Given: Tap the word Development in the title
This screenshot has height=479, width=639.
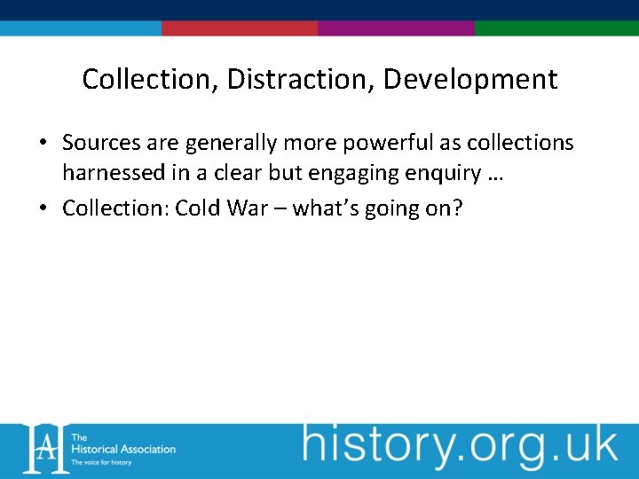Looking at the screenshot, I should coord(470,80).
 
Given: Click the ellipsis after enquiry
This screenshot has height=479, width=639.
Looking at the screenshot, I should coord(495,176).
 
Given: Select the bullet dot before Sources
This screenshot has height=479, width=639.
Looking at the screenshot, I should coord(42,144).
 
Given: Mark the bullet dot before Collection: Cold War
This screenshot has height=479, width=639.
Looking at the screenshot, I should coord(42,209).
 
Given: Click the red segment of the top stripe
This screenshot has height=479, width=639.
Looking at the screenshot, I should coord(240,28).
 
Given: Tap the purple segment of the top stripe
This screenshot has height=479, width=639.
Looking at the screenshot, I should coord(396,28).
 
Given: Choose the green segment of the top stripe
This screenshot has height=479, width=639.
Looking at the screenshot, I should coord(556,28).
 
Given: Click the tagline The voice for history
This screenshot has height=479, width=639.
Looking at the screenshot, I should coord(101,462).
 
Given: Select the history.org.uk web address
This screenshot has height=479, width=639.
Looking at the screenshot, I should coord(460,445).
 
